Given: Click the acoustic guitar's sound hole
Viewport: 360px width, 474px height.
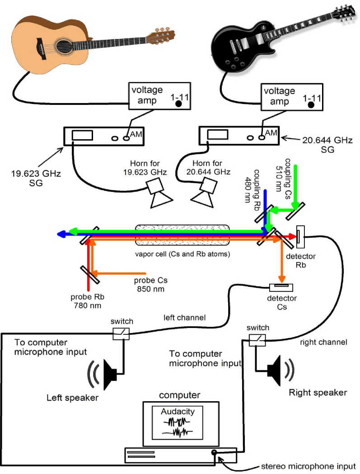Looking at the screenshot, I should pyautogui.click(x=61, y=44).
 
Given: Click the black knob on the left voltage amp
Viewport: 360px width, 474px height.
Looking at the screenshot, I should pyautogui.click(x=179, y=104).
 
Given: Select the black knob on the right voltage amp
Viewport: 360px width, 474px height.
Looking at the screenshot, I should pyautogui.click(x=311, y=105).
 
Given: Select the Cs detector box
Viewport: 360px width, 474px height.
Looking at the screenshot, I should pyautogui.click(x=281, y=287).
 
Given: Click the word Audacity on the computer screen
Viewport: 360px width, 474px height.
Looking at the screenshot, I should pyautogui.click(x=178, y=412).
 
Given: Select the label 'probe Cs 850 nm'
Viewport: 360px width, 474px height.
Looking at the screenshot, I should pyautogui.click(x=149, y=285).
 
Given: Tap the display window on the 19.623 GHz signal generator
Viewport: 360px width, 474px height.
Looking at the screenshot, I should pyautogui.click(x=82, y=135).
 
